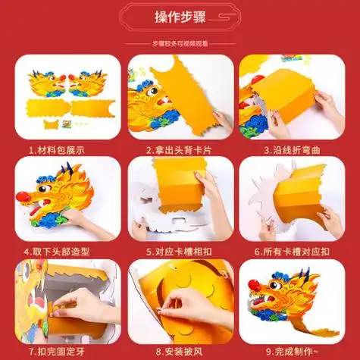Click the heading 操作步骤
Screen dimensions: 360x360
click(179, 17)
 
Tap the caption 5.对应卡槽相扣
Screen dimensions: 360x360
click(179, 251)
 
